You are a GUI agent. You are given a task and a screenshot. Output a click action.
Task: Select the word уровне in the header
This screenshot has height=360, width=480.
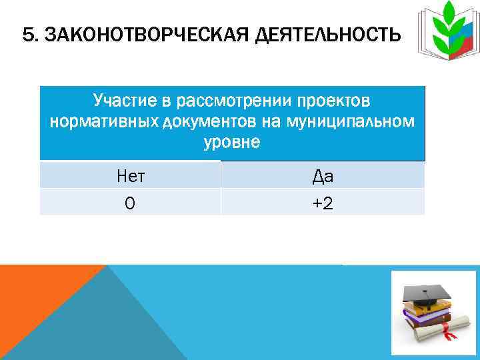[233, 143]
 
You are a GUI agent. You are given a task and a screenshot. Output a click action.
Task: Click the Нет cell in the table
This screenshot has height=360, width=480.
[130, 176]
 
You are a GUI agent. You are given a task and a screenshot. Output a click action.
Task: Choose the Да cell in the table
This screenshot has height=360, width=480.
[323, 176]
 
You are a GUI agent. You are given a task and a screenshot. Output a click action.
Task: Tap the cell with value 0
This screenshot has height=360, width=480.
[130, 203]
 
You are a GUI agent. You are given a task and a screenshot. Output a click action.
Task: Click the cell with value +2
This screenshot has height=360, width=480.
[323, 203]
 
